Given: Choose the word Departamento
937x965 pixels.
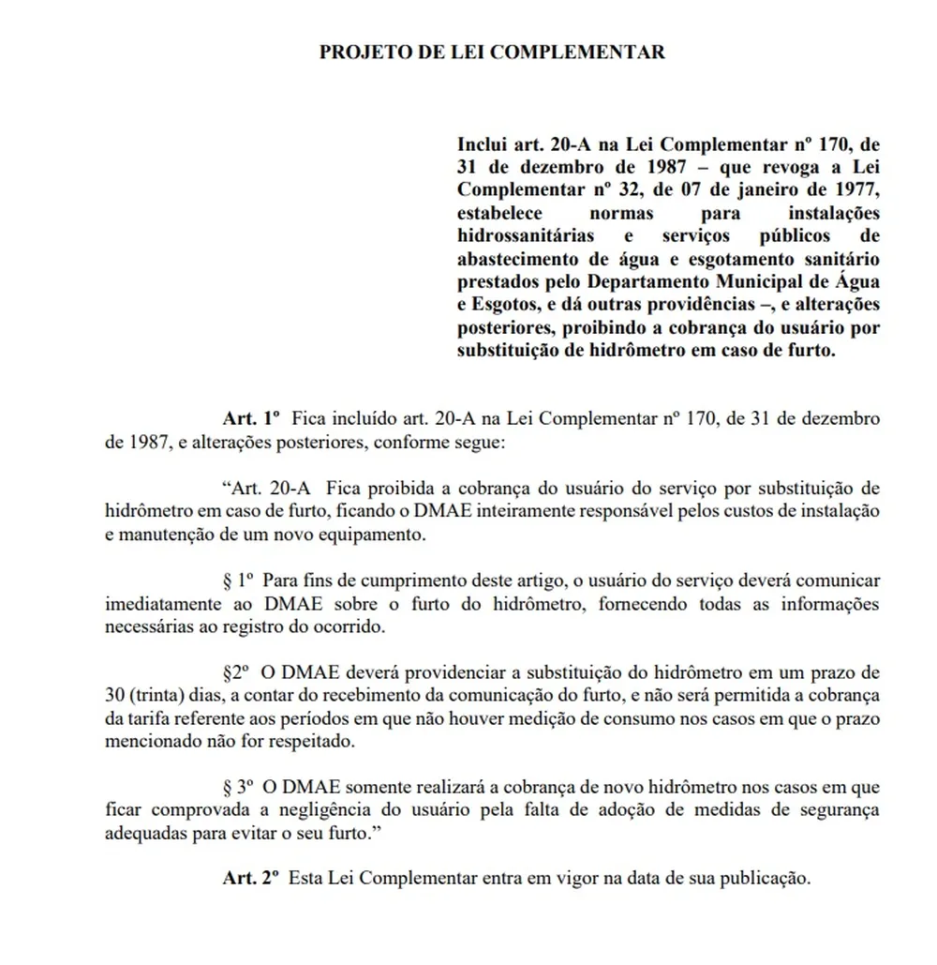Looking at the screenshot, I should click(659, 280).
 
